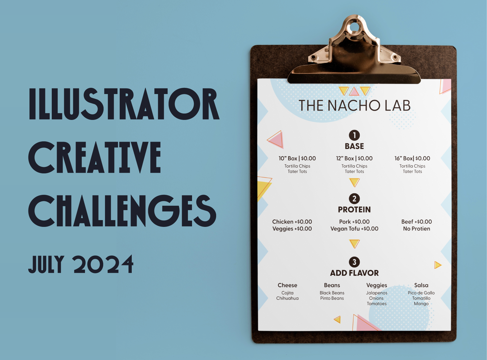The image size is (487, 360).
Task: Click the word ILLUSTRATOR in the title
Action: coord(124,104)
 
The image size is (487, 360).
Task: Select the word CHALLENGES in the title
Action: coord(122,211)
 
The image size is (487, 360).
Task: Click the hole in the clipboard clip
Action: coord(354,27)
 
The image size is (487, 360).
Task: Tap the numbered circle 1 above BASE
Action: coord(354,135)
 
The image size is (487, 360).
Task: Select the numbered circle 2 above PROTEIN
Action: coord(354,199)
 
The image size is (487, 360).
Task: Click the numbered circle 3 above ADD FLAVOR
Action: coord(354,262)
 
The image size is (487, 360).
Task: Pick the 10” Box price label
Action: coord(297,158)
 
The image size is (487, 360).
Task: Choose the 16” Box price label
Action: coord(412,158)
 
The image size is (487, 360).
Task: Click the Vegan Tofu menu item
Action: coord(354,229)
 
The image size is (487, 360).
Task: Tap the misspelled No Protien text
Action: coord(416,229)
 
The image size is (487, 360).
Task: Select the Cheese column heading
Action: coord(287,285)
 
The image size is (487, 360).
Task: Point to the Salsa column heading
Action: coord(421,285)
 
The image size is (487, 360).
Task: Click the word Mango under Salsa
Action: coord(421,304)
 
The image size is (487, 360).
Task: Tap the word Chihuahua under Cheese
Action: coord(287,298)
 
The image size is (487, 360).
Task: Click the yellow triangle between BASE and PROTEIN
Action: coord(354,182)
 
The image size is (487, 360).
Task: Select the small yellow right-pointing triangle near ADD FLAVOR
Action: coord(438,265)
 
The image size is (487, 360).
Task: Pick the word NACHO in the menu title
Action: coord(354,106)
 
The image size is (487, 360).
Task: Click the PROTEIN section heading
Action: coord(354,210)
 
